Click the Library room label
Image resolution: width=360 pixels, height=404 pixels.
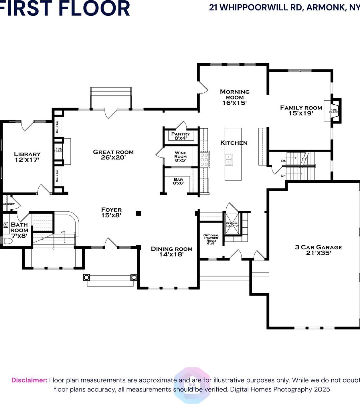[x=27, y=154]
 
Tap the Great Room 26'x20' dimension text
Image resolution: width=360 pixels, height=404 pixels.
[x=113, y=158]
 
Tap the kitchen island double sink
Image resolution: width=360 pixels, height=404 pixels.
[x=229, y=160]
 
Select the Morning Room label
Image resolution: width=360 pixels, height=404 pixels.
[x=235, y=95]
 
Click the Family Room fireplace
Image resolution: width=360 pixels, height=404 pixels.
[x=334, y=111]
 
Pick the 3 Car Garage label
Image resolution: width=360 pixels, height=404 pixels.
[x=319, y=247]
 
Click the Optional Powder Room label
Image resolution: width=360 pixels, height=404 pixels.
[x=211, y=238]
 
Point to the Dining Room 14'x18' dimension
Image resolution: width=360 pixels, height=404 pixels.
[x=171, y=254]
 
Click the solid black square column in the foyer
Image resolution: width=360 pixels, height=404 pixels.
[x=139, y=213]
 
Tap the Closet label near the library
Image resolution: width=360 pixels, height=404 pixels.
[x=9, y=204]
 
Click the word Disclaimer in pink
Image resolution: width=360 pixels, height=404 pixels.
[x=29, y=380]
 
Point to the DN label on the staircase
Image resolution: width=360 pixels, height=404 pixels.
[x=284, y=161]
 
